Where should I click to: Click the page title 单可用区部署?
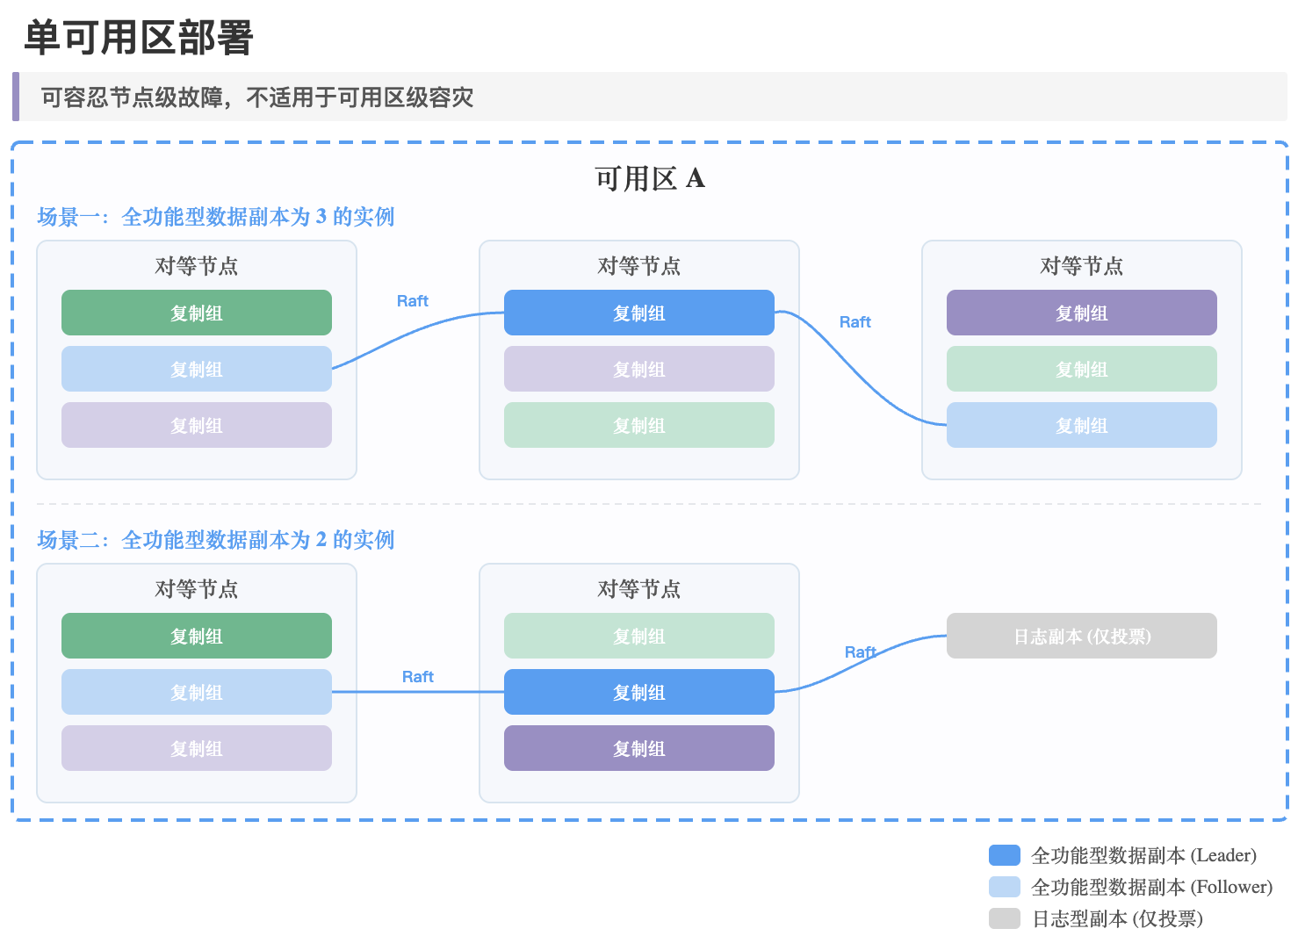click(139, 38)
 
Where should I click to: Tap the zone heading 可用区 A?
click(650, 178)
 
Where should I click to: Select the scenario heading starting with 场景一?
click(215, 217)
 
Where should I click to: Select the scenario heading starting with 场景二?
click(215, 540)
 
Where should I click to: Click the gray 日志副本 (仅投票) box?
click(1081, 636)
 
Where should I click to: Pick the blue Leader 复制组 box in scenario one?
click(639, 313)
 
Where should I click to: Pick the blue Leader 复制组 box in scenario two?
click(639, 692)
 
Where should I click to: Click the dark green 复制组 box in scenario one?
click(197, 313)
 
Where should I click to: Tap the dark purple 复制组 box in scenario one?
click(1081, 313)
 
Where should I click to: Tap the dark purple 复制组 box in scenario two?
click(639, 748)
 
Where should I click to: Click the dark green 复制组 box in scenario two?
click(197, 636)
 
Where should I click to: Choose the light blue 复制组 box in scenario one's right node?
click(1081, 425)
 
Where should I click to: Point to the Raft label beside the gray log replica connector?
click(861, 652)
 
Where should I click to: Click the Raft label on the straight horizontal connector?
click(418, 677)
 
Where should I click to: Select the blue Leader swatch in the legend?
click(1004, 855)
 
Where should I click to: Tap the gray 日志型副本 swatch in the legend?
click(1004, 919)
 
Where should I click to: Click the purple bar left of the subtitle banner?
click(16, 97)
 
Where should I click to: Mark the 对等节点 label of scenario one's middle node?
click(639, 266)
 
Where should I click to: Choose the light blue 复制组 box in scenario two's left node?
click(197, 692)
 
